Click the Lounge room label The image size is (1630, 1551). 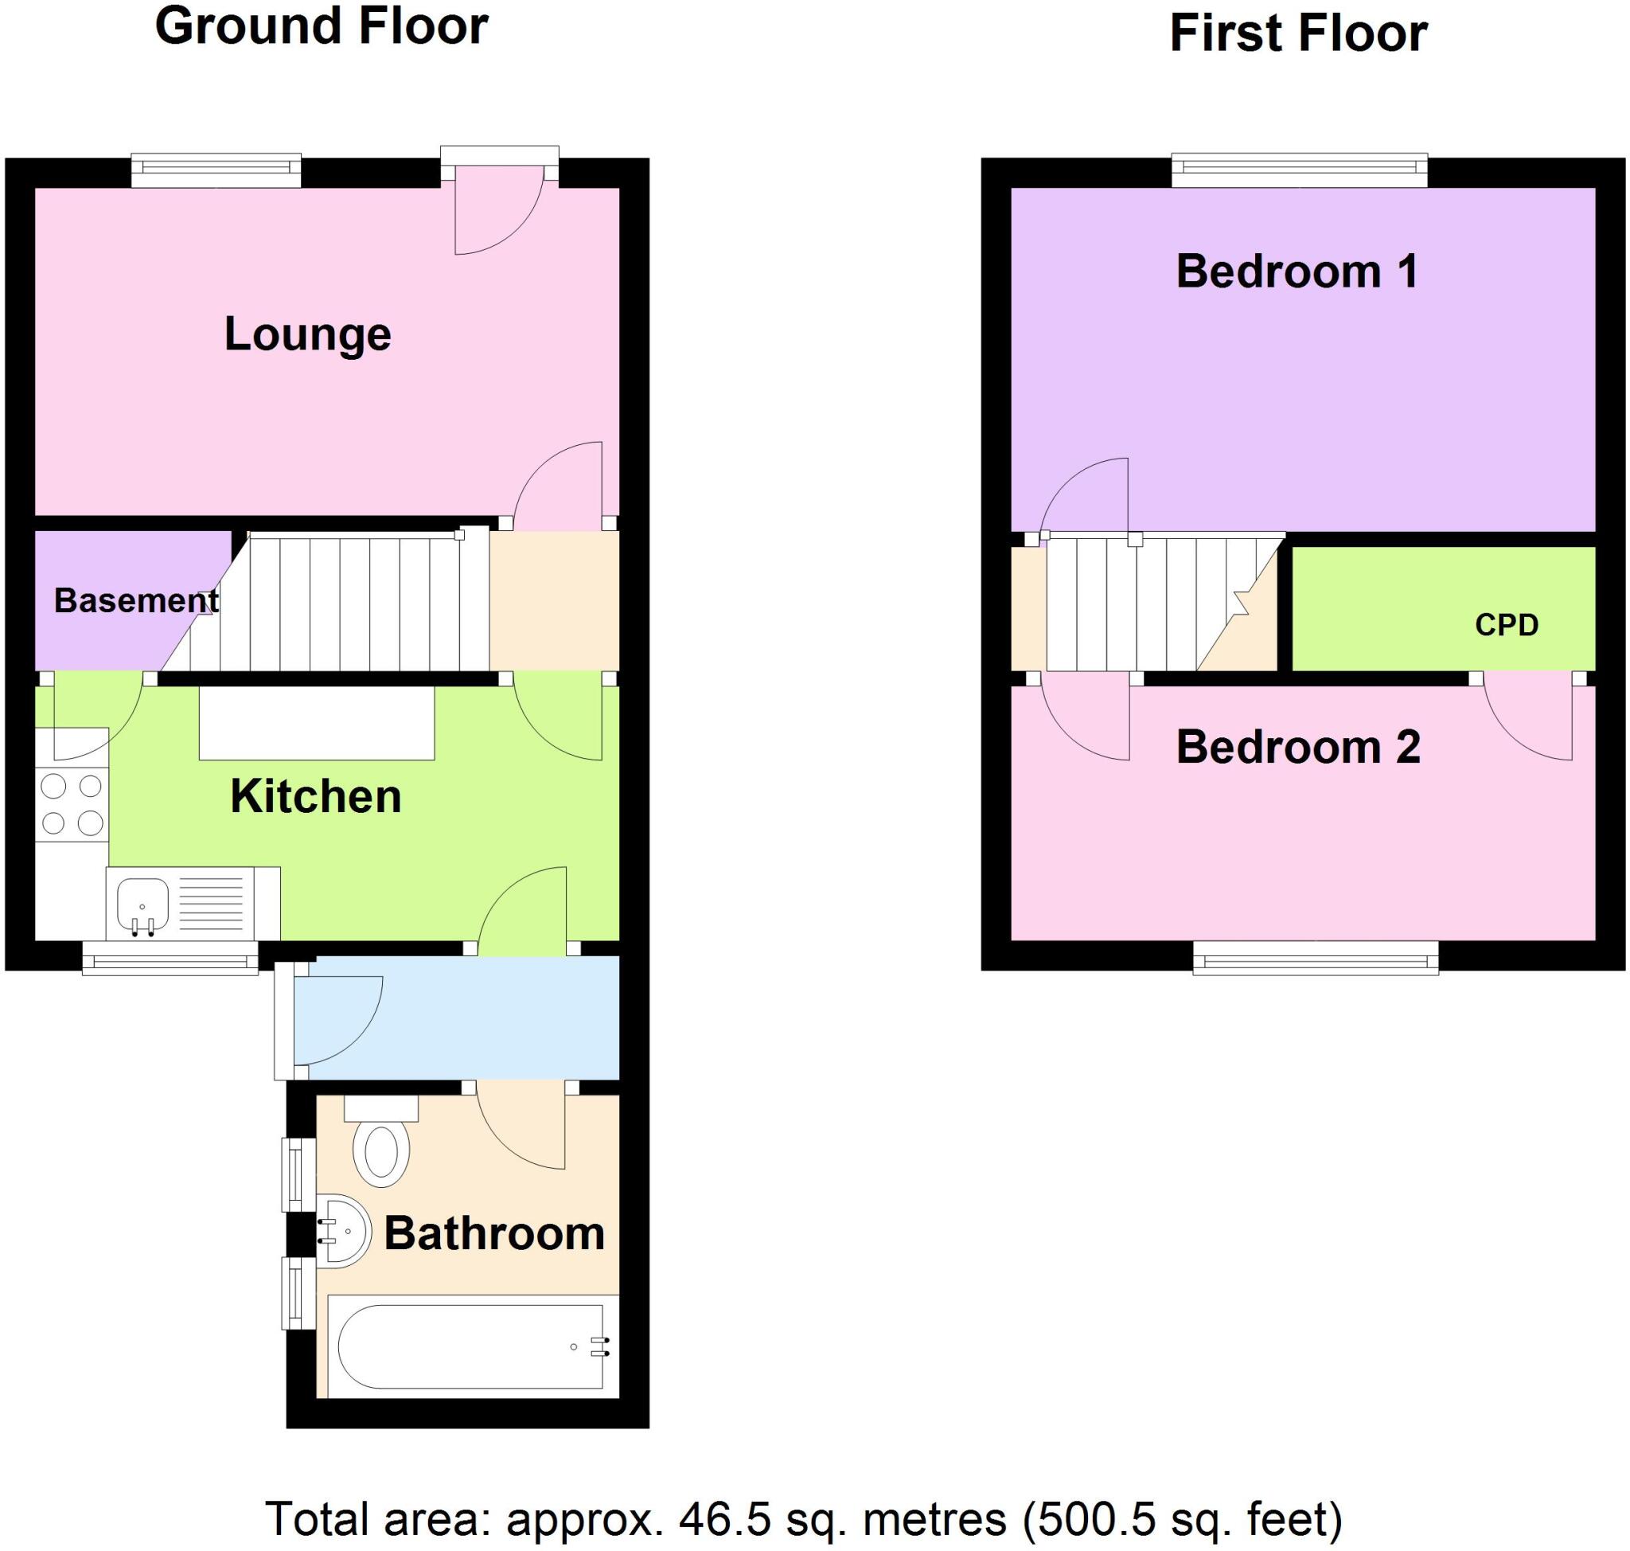tap(307, 335)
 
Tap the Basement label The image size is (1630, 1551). tap(136, 601)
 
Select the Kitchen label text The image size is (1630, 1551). tap(316, 797)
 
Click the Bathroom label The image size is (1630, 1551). tap(494, 1233)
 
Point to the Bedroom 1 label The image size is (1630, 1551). tap(1297, 272)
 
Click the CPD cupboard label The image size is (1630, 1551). tap(1506, 626)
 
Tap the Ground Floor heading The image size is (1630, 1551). tap(322, 26)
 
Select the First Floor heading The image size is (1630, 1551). tap(1298, 34)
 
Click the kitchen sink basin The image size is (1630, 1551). tap(142, 904)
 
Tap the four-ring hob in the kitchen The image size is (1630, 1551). tap(72, 804)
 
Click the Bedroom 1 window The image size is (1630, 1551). tap(1299, 170)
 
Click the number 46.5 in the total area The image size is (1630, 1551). tap(724, 1520)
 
